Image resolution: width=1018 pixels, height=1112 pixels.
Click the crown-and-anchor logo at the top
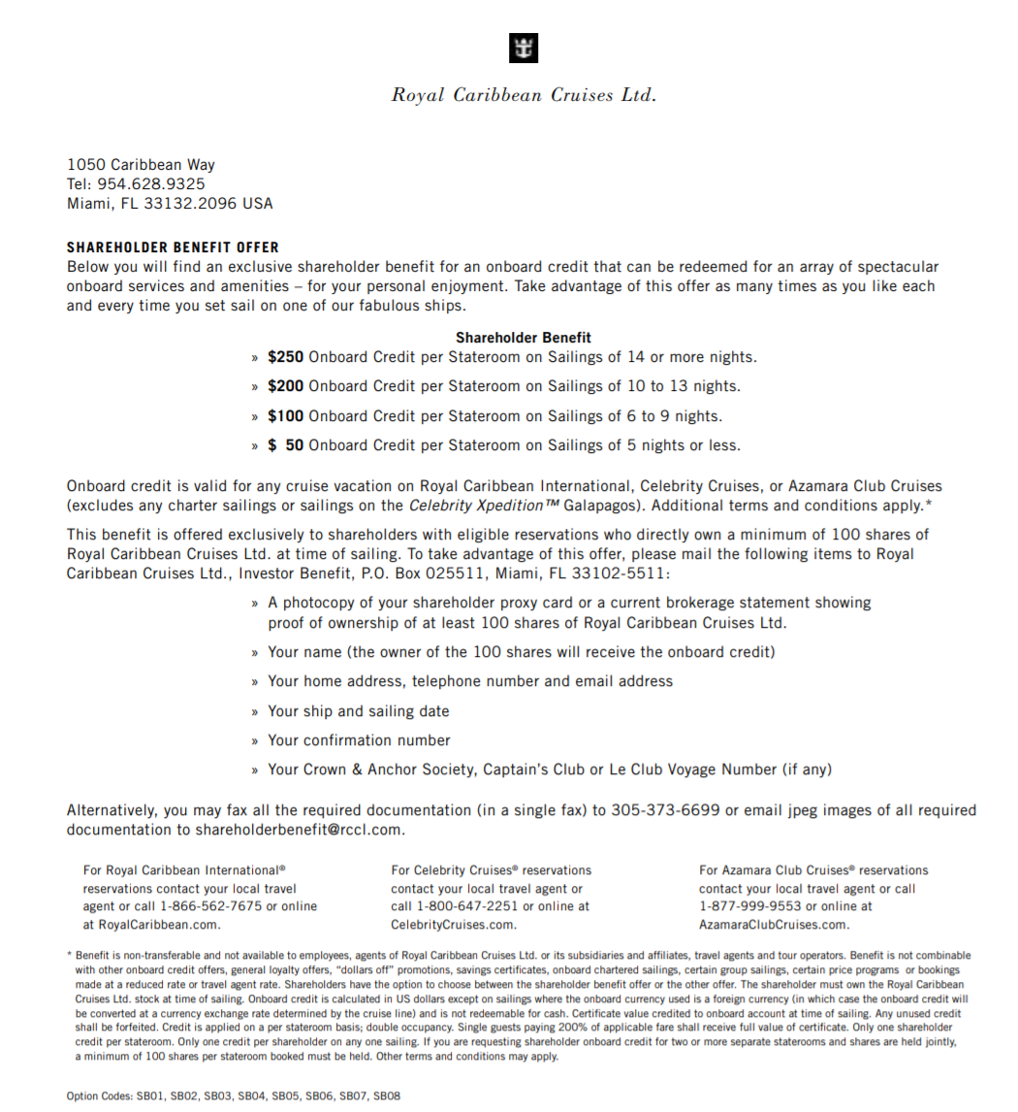click(523, 49)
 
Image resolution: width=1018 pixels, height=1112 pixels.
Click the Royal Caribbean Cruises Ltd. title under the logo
click(524, 95)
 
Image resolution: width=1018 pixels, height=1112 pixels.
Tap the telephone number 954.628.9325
click(150, 184)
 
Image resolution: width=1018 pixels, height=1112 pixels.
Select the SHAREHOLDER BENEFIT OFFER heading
click(173, 247)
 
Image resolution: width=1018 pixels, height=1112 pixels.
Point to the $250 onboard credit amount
click(286, 357)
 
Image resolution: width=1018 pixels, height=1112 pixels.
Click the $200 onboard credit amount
click(286, 386)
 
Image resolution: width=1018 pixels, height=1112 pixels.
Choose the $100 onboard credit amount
click(286, 416)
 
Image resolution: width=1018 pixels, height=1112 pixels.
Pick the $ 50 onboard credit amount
click(286, 446)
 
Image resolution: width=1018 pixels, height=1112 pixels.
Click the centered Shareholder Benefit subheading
click(524, 338)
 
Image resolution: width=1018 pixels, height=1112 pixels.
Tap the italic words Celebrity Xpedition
click(469, 506)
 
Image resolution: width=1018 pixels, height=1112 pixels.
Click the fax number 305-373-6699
click(665, 810)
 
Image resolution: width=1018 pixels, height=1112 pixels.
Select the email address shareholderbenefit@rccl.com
click(299, 831)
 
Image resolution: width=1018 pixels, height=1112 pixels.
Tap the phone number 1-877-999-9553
click(743, 906)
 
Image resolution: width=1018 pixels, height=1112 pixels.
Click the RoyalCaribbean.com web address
click(151, 925)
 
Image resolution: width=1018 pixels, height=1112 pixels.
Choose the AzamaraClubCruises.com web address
click(774, 925)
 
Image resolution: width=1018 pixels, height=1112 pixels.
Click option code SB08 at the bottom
click(387, 1096)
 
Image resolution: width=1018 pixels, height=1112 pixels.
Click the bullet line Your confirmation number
click(359, 740)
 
